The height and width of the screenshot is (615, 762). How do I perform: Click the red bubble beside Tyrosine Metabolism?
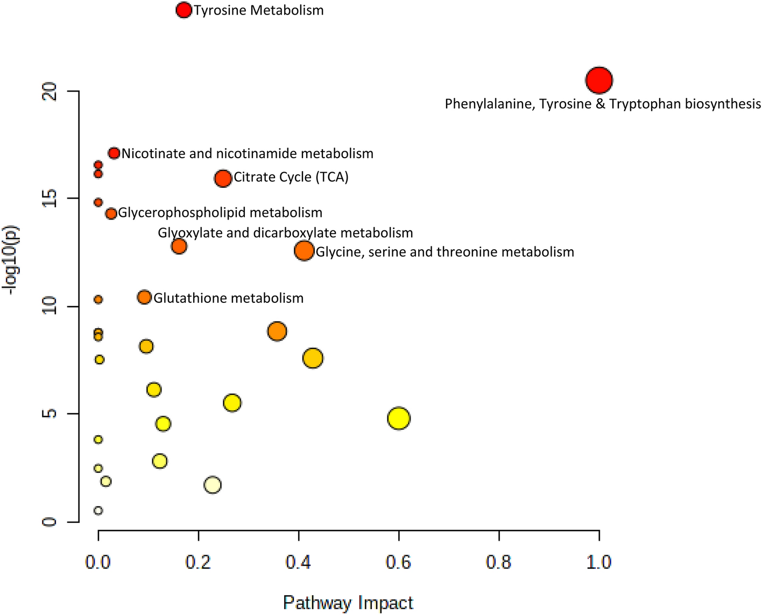point(184,10)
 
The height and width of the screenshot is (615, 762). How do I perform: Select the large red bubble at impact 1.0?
point(599,80)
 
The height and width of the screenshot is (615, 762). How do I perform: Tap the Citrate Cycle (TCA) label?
point(291,177)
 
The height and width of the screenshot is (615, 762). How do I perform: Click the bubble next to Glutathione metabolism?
point(144,297)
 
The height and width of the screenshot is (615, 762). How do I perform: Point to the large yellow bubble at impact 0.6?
point(399,418)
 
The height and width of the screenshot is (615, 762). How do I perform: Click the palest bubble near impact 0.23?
point(213,485)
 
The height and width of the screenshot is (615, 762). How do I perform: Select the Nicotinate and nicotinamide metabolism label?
point(247,153)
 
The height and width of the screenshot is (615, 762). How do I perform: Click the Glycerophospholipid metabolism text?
point(220,213)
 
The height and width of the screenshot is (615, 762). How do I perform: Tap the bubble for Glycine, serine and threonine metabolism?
point(304,251)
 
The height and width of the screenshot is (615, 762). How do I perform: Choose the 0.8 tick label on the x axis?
point(499,562)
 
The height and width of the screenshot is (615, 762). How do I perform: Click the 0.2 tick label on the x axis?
point(199,562)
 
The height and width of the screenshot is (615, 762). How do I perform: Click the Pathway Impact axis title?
point(348,603)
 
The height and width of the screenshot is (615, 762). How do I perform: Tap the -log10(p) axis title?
point(12,260)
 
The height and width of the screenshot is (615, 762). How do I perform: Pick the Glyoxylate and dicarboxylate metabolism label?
point(285,233)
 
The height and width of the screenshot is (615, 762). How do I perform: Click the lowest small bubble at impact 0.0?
point(98,510)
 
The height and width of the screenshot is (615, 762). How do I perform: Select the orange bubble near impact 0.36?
point(277,331)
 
